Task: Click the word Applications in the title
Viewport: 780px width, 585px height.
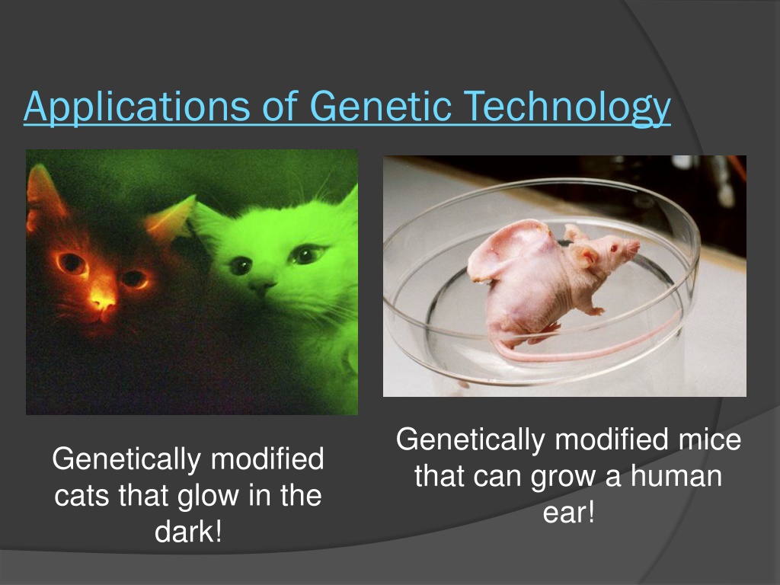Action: pyautogui.click(x=136, y=107)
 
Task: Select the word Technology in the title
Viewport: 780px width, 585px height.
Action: pyautogui.click(x=569, y=107)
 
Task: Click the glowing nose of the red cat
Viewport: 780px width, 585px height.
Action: pyautogui.click(x=103, y=298)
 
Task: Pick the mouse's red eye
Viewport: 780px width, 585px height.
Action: pyautogui.click(x=613, y=248)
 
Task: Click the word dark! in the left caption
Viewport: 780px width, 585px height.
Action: pyautogui.click(x=188, y=531)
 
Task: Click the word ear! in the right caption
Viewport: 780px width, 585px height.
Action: pyautogui.click(x=568, y=512)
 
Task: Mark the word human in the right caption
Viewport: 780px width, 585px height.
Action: pyautogui.click(x=676, y=475)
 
